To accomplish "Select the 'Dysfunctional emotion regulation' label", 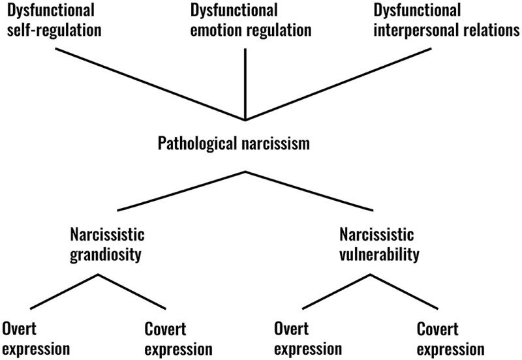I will pos(251,20).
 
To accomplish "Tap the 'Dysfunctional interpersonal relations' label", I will pos(446,20).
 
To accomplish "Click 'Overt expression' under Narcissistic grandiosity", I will pos(36,338).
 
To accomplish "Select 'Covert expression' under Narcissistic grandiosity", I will pos(178,338).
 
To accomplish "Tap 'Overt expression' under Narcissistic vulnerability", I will pos(308,338).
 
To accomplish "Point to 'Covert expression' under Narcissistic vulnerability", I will pos(450,338).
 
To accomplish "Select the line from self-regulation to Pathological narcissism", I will pos(150,84).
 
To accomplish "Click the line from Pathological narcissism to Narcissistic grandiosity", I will pos(181,191).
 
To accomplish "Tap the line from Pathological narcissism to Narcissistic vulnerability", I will pos(309,191).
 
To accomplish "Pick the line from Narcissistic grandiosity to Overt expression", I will pos(64,292).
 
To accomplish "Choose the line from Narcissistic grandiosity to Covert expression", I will pos(132,292).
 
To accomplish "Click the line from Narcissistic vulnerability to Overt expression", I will pos(337,292).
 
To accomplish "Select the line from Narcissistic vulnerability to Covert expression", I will pos(405,292).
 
